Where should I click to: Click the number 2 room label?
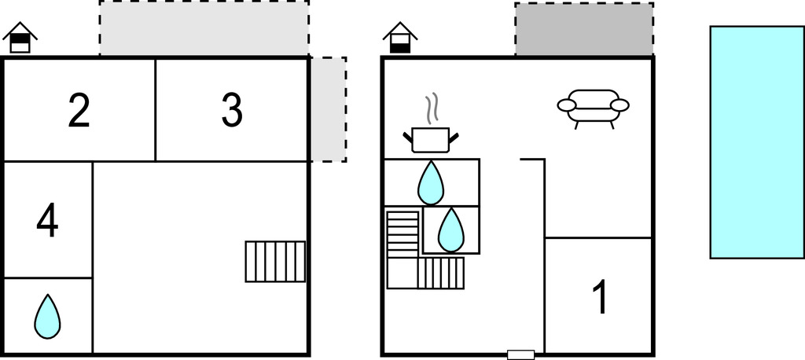[x=79, y=111]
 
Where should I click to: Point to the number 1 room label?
[x=600, y=297]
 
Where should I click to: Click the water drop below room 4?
[x=47, y=316]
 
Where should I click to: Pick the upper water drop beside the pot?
[x=430, y=182]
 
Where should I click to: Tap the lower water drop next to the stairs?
[x=450, y=230]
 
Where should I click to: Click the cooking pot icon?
[x=430, y=140]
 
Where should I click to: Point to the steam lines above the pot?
[x=430, y=109]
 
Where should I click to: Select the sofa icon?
[x=594, y=108]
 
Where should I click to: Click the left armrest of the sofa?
[x=567, y=105]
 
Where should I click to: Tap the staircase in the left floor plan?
[x=275, y=261]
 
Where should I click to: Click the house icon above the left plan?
[x=20, y=38]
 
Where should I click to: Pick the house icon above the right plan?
[x=400, y=38]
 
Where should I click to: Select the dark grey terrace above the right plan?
[x=584, y=29]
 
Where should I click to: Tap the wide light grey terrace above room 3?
[x=204, y=28]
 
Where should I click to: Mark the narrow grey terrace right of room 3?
[x=328, y=109]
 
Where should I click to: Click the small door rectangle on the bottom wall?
[x=520, y=354]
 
